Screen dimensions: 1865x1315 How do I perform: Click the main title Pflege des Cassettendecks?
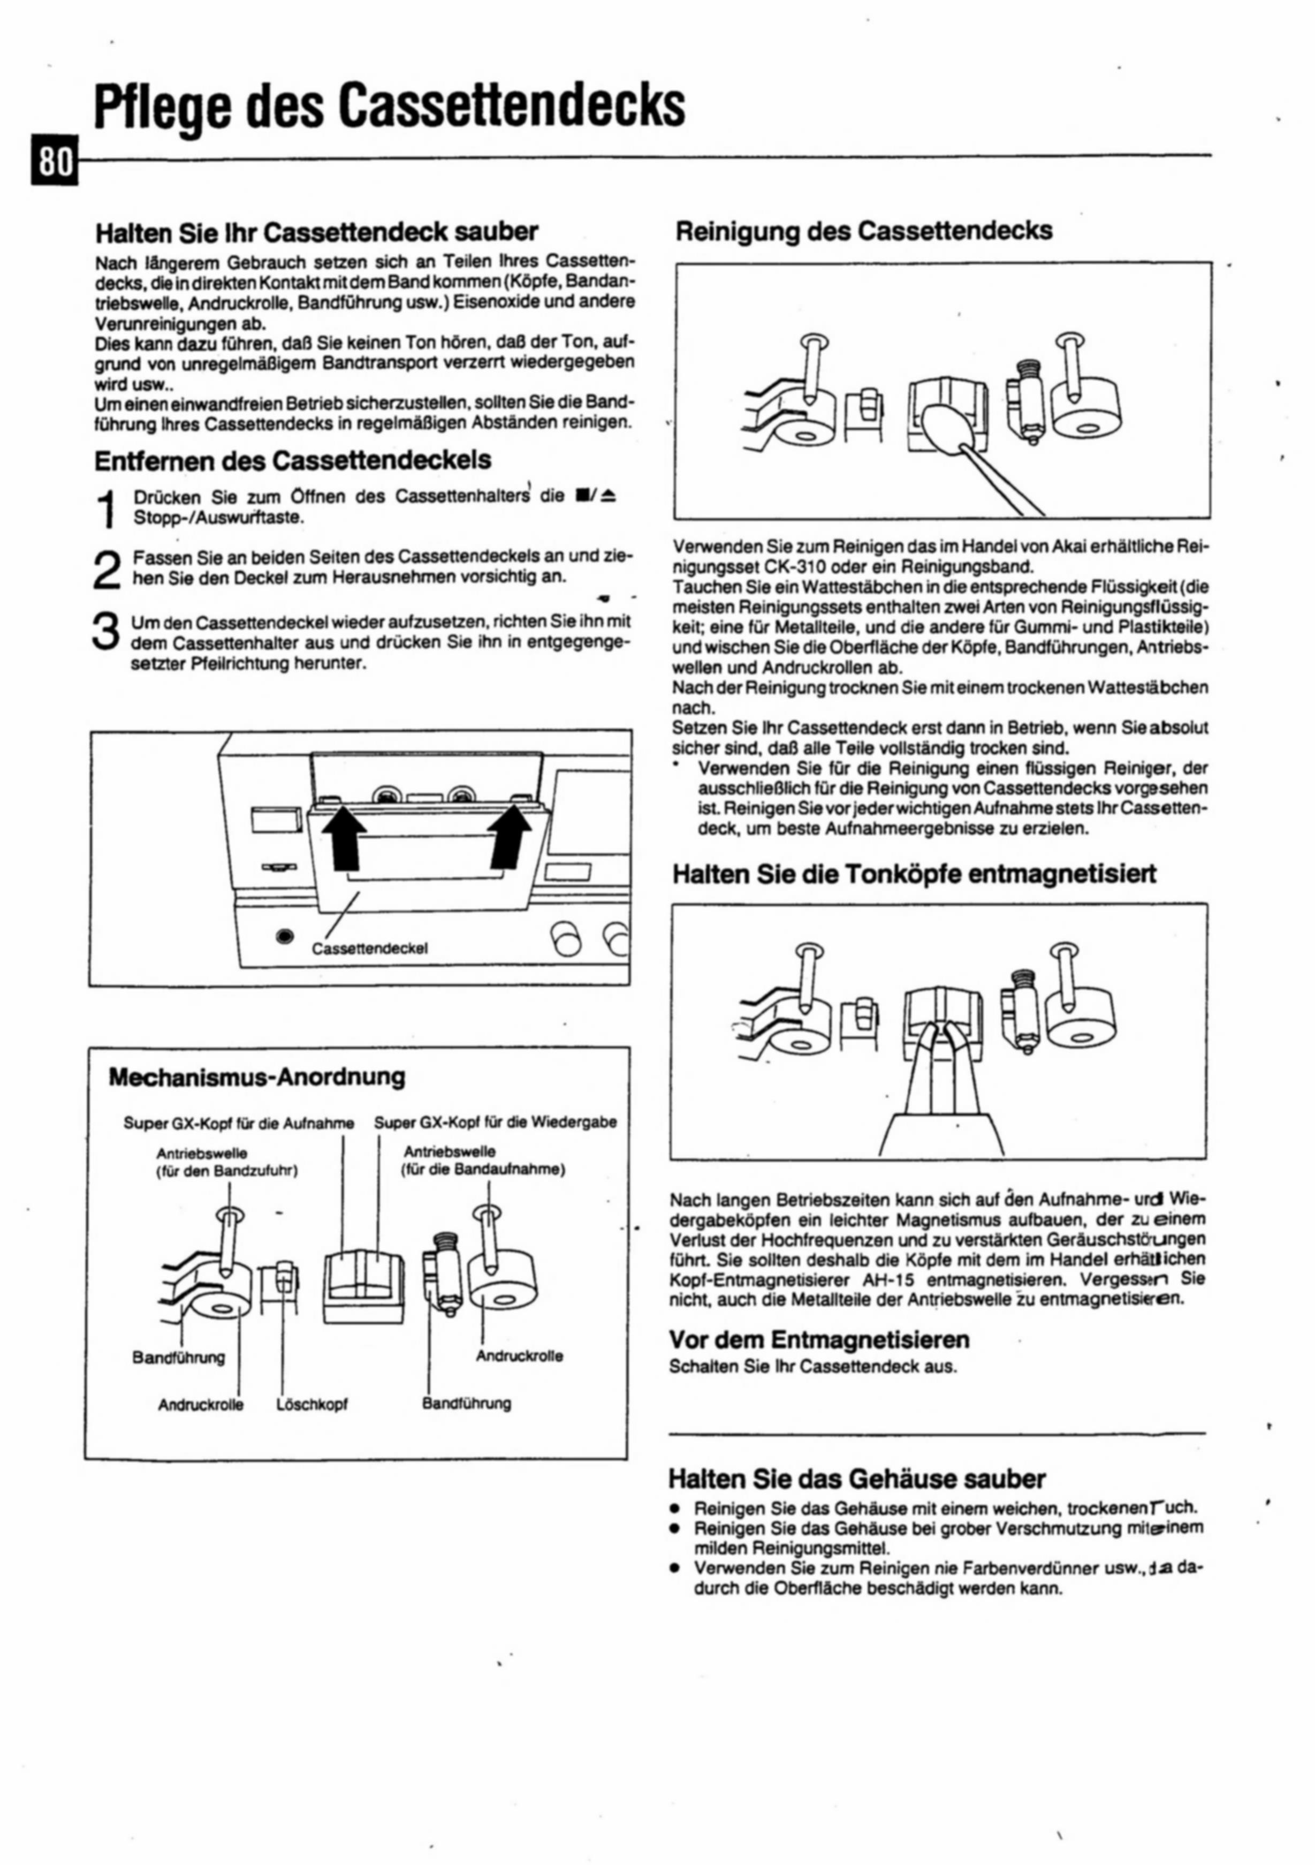click(389, 105)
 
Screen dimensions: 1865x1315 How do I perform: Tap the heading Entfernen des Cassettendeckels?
click(292, 460)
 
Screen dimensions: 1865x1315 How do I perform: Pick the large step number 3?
click(107, 631)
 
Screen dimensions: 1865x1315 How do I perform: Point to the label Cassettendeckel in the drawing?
click(370, 948)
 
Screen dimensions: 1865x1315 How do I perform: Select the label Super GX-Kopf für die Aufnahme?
click(239, 1124)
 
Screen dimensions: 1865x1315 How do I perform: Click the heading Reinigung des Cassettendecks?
click(864, 231)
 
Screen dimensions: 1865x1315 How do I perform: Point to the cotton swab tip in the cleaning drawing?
click(945, 422)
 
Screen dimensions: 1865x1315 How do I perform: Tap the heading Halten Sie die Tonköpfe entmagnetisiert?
click(915, 874)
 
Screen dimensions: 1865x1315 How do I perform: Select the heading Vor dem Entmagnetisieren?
click(819, 1339)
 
